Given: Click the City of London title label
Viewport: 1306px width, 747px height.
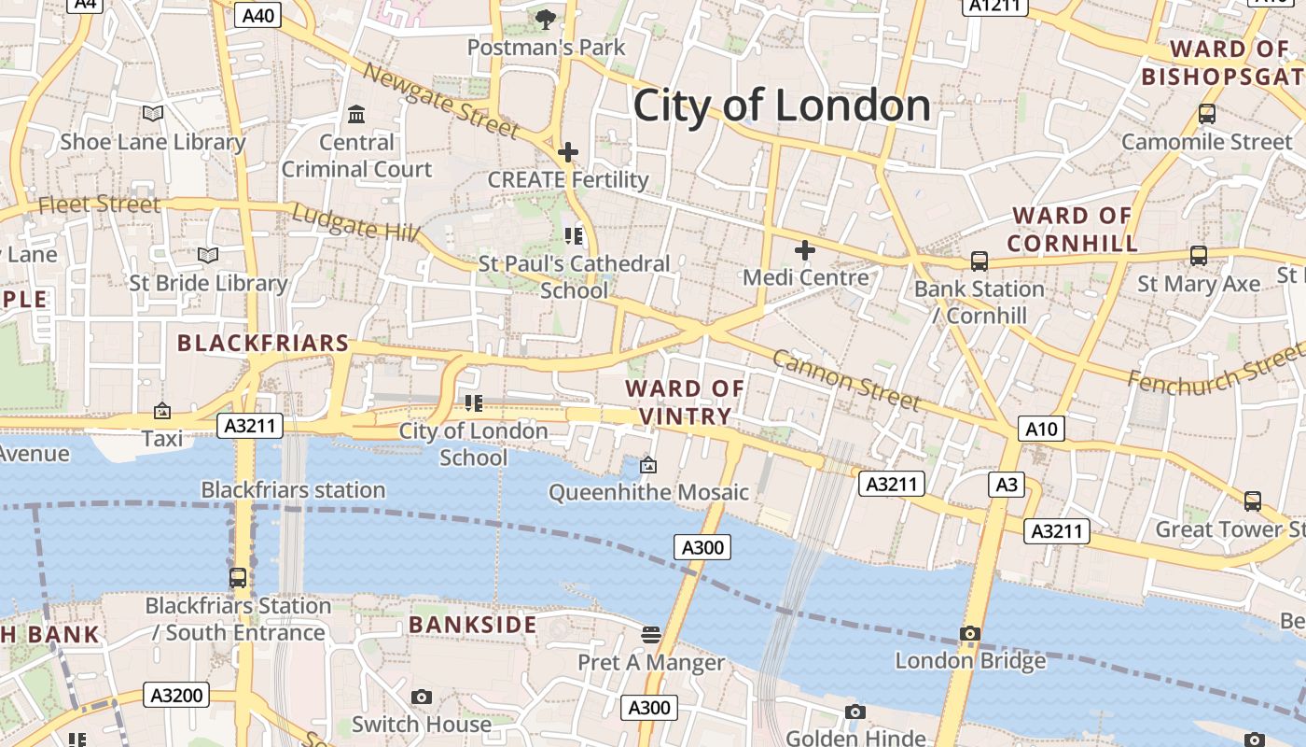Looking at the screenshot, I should tap(782, 105).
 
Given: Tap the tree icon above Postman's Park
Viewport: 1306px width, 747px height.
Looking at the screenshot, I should tap(546, 19).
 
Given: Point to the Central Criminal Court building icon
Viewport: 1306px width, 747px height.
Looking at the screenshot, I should tap(356, 115).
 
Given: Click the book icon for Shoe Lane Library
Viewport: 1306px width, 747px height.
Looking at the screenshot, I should tap(152, 114).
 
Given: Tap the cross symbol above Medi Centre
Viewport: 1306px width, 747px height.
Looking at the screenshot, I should tap(804, 250).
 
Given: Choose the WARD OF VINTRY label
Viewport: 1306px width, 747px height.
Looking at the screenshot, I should tap(685, 402).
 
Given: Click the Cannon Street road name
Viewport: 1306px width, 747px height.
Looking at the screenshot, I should tap(845, 381).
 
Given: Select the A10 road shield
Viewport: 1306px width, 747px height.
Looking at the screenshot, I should tap(1040, 429).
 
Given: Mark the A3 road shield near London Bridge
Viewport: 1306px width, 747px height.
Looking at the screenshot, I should tap(1007, 485).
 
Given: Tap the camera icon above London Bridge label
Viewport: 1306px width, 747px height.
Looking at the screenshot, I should tap(970, 634).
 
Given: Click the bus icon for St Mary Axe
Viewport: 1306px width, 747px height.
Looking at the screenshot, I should tap(1198, 256).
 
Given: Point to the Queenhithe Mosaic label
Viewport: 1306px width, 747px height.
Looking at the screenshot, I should tap(648, 492).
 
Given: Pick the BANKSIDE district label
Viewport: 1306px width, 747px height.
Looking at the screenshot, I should tap(473, 625).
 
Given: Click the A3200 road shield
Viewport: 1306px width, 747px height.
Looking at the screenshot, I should tap(176, 695).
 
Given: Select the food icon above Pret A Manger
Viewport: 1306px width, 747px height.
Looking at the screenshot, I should tap(651, 635).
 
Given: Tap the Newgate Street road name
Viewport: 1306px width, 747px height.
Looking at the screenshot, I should tap(439, 100).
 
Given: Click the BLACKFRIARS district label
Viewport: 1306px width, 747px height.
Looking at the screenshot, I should tap(263, 344).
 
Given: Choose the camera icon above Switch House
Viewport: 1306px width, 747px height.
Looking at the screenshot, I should tap(422, 698).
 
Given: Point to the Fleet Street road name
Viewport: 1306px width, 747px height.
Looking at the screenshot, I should tap(100, 204).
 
